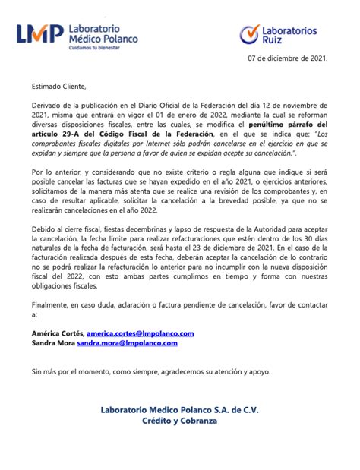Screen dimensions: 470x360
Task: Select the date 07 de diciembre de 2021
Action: point(288,58)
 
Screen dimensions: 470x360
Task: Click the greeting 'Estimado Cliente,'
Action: point(59,86)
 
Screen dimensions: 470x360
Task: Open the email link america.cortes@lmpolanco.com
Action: point(141,333)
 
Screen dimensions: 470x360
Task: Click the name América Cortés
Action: point(57,333)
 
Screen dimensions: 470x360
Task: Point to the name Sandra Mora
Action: point(52,343)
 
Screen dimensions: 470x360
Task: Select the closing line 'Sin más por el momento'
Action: point(76,372)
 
